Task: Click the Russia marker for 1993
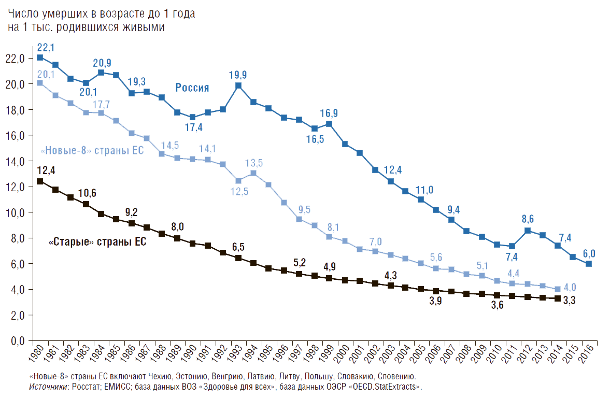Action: coord(238,85)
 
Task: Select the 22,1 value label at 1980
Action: coord(46,48)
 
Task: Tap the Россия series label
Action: coord(192,88)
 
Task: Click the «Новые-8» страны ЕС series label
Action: coord(92,151)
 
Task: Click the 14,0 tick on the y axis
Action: coord(15,161)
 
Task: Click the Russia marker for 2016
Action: coord(589,264)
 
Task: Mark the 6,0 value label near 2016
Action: coord(589,253)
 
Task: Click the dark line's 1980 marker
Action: coord(40,181)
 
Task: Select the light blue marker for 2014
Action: coord(558,289)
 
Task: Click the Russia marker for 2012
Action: coord(528,231)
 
